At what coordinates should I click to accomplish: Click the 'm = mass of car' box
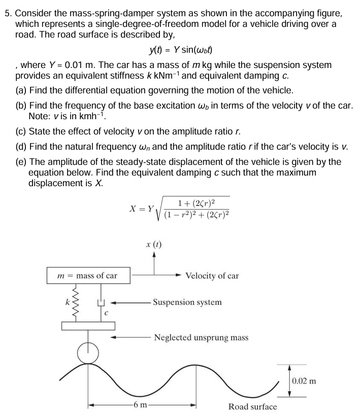(89, 276)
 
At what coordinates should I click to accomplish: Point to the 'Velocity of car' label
(212, 276)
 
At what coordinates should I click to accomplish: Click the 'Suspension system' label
(187, 302)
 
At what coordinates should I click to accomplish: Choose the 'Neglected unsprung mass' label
(201, 337)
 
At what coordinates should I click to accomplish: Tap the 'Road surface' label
(252, 406)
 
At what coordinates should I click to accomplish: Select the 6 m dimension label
(138, 405)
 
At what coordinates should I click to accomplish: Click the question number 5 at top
(8, 14)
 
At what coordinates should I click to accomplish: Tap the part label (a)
(21, 91)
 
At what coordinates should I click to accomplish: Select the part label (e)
(21, 162)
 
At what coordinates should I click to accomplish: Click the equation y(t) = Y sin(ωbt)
(180, 50)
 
